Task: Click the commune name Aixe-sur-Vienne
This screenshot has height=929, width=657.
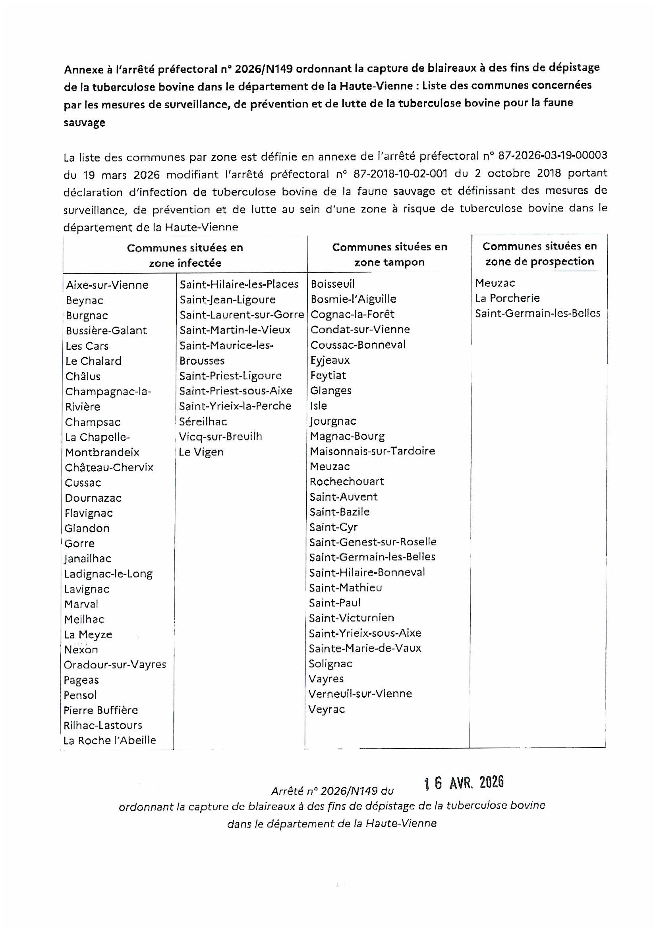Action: (x=107, y=285)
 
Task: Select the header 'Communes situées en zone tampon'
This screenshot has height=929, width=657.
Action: (x=389, y=255)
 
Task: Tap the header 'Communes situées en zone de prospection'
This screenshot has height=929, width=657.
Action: (x=539, y=254)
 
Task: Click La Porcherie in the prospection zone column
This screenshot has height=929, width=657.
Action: (x=507, y=298)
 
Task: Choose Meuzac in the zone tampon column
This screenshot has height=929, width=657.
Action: (x=330, y=467)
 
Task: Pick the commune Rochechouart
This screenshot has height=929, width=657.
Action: (x=347, y=481)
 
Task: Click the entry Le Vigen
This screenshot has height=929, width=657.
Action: (x=201, y=452)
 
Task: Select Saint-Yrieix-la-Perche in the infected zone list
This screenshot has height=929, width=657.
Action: (x=235, y=406)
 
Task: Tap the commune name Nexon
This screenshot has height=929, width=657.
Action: (x=81, y=650)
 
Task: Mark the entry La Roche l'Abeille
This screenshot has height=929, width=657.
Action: (x=110, y=740)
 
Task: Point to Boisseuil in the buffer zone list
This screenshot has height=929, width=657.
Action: (x=332, y=284)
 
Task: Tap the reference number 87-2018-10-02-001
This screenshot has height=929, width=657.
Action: (x=400, y=174)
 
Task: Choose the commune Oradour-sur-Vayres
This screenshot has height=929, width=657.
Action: (x=115, y=665)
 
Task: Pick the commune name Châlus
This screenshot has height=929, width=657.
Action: (x=83, y=376)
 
